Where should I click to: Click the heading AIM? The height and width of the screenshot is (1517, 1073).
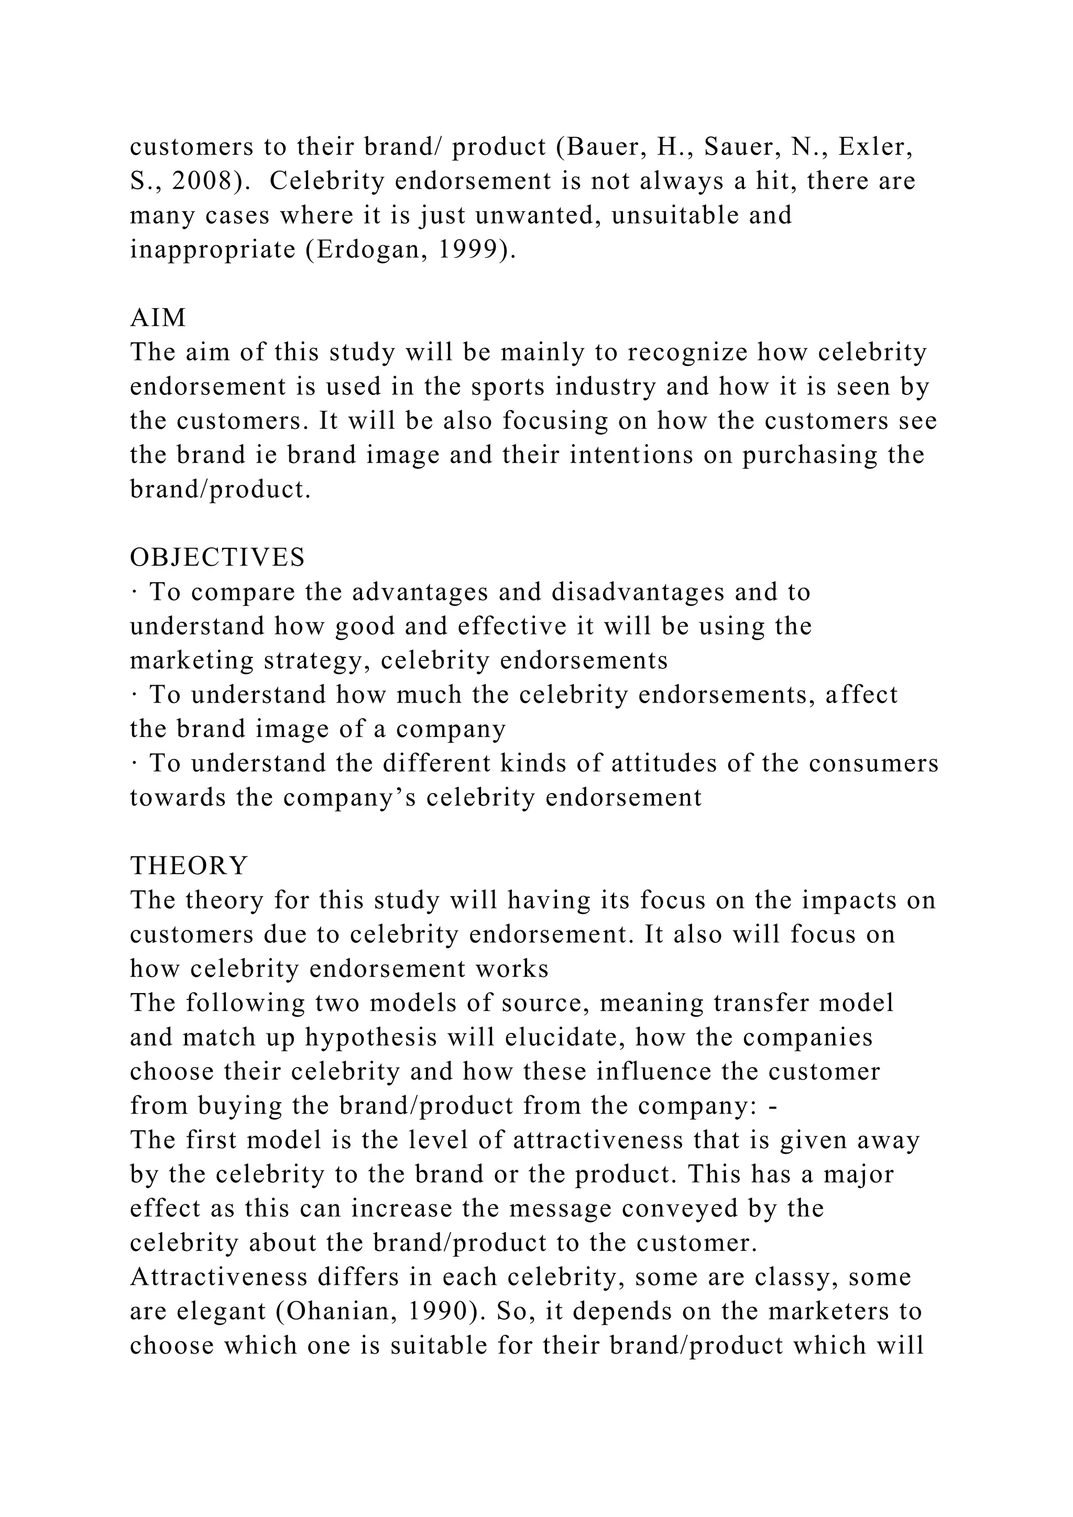(x=158, y=318)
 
